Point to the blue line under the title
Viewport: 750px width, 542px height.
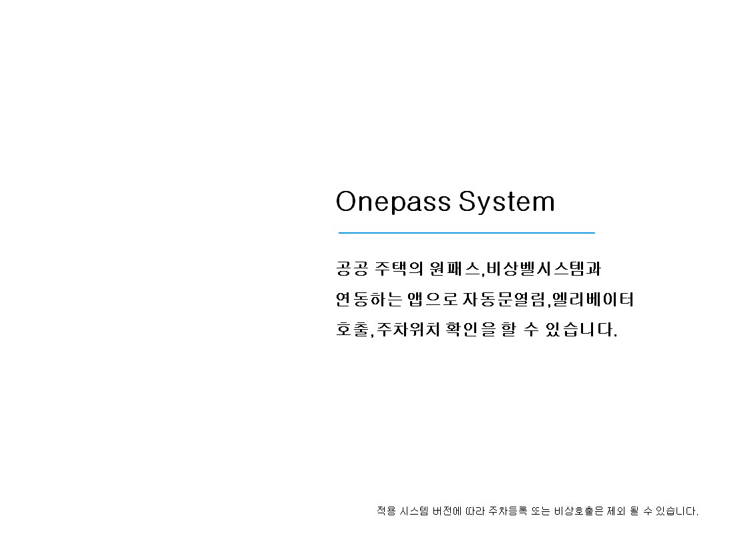[466, 233]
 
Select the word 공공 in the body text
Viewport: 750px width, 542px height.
[352, 268]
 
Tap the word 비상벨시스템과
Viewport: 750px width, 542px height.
[544, 268]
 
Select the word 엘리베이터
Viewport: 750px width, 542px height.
[593, 299]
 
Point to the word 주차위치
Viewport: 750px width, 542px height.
[408, 329]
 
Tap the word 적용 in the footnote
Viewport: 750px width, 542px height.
[386, 511]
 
